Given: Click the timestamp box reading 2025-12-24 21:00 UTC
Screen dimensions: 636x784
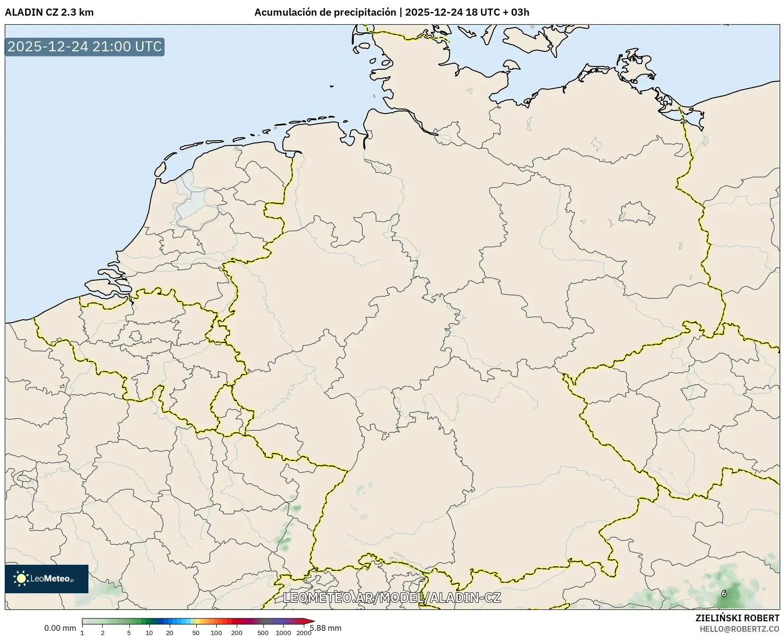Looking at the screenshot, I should click(x=85, y=47).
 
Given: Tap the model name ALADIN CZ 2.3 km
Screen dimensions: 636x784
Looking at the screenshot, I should click(x=49, y=12).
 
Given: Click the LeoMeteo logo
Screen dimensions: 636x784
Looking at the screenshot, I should click(x=47, y=579).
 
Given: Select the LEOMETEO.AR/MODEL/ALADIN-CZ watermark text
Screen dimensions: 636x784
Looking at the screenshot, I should click(x=392, y=598).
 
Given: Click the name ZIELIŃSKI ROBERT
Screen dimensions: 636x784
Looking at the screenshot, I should click(x=737, y=618).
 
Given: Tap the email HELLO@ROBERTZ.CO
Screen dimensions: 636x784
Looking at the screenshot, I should click(x=739, y=628).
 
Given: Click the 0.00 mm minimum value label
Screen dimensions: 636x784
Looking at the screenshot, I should click(x=60, y=628).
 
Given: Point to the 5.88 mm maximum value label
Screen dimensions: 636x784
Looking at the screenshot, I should click(x=326, y=628).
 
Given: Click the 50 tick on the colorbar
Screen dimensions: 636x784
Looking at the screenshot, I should click(x=196, y=633).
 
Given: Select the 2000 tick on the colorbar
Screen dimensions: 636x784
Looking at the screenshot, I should click(x=304, y=633).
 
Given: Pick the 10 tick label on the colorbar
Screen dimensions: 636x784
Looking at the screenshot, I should click(x=149, y=633).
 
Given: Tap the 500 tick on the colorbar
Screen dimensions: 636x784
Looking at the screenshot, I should click(x=263, y=633).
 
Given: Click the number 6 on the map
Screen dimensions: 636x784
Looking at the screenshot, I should click(x=724, y=593).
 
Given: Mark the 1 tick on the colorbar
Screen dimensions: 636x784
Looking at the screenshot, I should click(x=82, y=633).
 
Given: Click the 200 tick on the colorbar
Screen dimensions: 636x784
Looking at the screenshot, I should click(x=237, y=633).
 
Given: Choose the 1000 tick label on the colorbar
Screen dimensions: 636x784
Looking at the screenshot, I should click(x=283, y=633).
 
